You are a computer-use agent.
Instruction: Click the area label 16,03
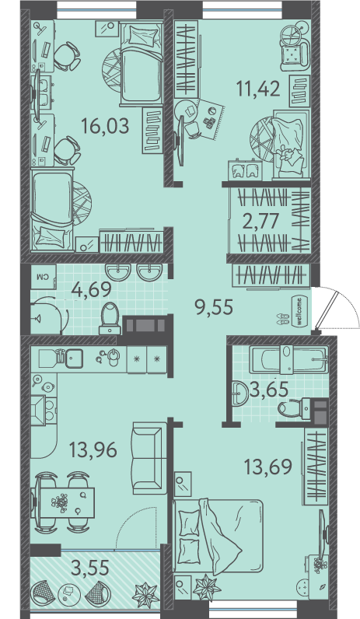point(105,127)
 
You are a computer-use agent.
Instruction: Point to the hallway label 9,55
point(215,306)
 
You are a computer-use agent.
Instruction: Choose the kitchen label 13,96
point(93,449)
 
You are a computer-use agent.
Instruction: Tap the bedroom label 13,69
point(268,467)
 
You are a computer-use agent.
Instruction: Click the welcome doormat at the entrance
point(299,311)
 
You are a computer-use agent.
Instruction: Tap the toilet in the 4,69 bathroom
point(110,318)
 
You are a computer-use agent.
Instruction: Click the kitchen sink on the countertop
point(74,358)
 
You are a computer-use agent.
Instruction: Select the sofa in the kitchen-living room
point(148,458)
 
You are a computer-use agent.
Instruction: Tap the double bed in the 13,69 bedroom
point(218,537)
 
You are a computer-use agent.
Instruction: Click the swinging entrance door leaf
point(327,309)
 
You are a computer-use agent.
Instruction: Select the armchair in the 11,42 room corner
point(294,53)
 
